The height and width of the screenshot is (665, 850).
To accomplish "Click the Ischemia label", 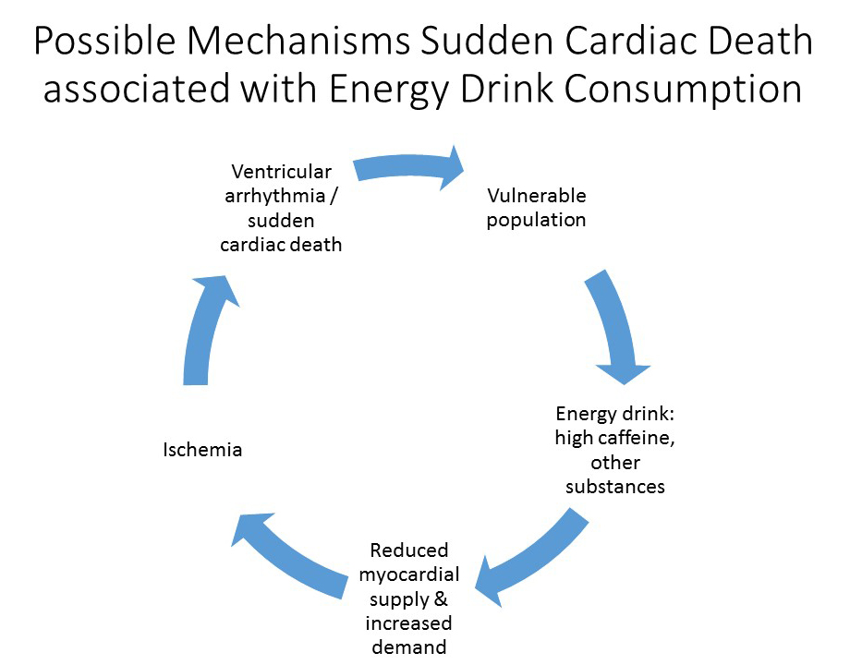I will click(202, 450).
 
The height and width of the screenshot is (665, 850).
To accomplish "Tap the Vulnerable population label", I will click(537, 208).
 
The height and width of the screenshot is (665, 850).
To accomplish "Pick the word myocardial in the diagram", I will click(407, 574).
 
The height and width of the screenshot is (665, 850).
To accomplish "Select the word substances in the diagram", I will click(615, 486).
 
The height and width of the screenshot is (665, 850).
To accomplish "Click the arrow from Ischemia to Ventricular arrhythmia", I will click(209, 328).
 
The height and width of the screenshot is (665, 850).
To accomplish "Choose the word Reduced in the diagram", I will click(408, 550).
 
